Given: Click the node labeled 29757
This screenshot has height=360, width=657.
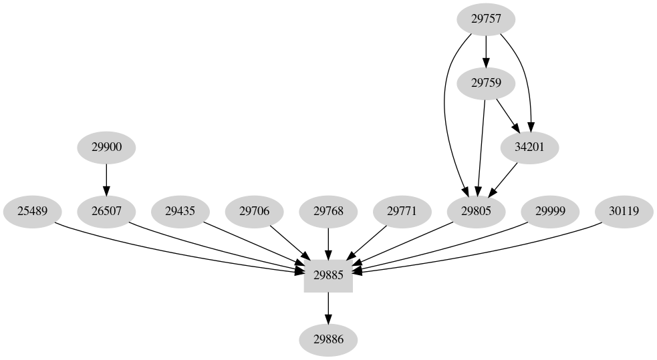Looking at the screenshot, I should coord(486,19).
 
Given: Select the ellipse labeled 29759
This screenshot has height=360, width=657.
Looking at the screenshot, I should coord(486,83).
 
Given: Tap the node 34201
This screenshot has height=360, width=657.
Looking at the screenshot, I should coord(529,148).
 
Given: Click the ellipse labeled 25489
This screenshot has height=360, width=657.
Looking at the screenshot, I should coord(32,212).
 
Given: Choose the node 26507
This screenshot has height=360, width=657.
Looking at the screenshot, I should coord(106,212).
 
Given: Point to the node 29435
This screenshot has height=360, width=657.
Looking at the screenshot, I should coord(180,212).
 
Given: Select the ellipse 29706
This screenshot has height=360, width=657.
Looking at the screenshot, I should coord(254,212).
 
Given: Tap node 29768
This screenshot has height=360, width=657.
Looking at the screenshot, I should coord(328,212).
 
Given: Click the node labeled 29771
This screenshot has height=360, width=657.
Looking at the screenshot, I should coord(402,212).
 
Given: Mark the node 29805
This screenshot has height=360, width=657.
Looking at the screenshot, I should coord(476,212).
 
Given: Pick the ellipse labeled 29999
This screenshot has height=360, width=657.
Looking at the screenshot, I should coord(550,212).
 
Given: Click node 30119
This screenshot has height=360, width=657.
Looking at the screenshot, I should coord(624,212).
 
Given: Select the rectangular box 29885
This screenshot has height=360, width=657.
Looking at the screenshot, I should coord(328,276).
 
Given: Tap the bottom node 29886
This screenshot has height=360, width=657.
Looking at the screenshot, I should coord(328,340).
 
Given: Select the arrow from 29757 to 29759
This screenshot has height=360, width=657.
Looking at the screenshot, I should coord(486,51).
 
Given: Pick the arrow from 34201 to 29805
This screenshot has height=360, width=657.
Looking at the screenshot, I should coord(505,178).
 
